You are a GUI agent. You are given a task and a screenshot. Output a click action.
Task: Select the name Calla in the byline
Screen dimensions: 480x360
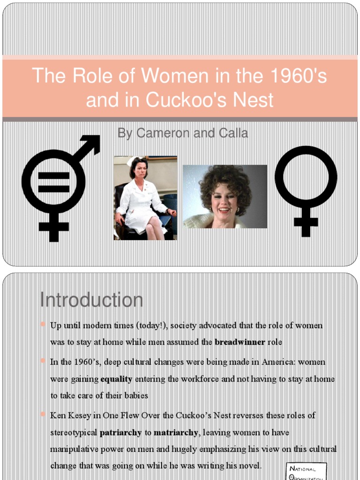tap(232, 133)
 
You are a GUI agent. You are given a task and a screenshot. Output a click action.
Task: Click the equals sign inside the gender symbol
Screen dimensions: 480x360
tap(53, 183)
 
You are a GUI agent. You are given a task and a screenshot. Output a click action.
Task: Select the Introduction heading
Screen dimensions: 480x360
tap(91, 300)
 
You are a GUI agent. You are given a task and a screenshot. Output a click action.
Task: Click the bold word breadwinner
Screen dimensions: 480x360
tap(240, 342)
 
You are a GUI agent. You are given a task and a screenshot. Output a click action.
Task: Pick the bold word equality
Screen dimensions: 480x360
tap(116, 379)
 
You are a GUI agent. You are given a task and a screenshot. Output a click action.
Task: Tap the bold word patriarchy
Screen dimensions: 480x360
tap(120, 433)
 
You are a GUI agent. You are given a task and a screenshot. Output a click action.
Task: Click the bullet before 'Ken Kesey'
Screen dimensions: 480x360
tap(43, 414)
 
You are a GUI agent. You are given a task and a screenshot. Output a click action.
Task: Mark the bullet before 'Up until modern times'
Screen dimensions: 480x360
tap(43, 324)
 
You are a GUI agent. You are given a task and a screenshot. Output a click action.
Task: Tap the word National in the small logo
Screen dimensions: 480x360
tap(302, 469)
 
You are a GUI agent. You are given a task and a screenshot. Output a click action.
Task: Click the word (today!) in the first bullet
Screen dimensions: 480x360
tap(152, 325)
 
